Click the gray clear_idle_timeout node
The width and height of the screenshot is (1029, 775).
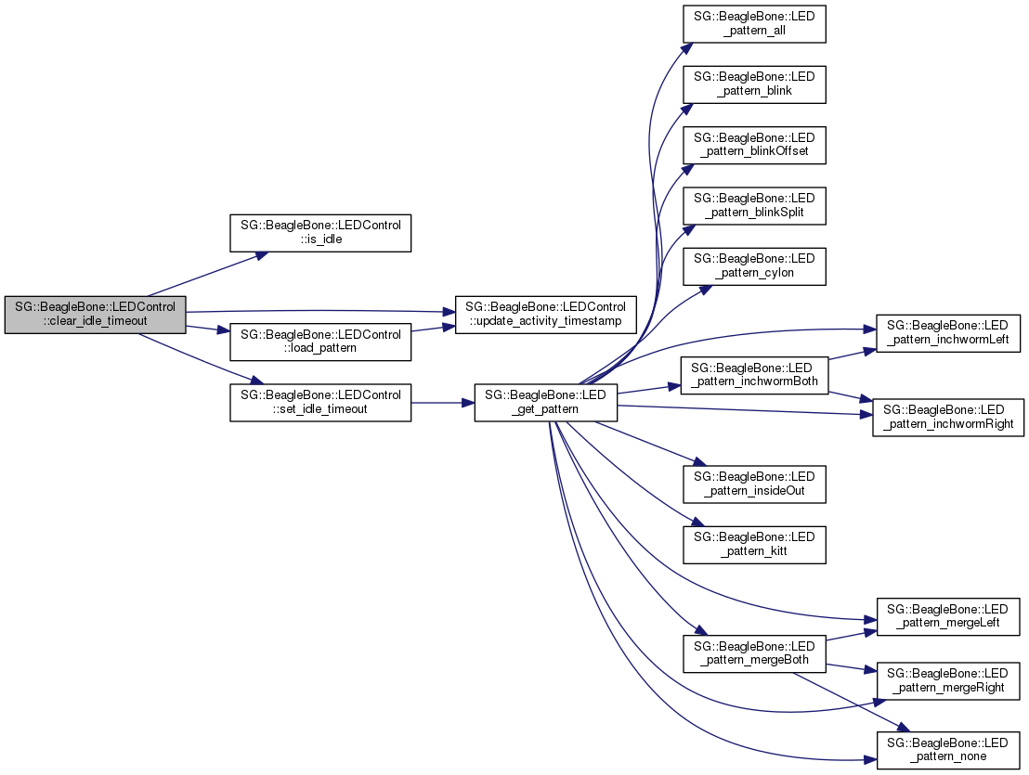[x=95, y=315]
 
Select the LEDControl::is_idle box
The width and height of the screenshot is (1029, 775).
[x=320, y=233]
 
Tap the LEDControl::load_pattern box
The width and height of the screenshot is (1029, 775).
[x=320, y=342]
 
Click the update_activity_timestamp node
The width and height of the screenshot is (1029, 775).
[x=545, y=315]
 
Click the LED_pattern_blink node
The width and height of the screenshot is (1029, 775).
[x=754, y=84]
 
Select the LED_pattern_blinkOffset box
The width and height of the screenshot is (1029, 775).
[x=754, y=144]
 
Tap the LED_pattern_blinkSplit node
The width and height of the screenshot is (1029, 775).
[x=754, y=205]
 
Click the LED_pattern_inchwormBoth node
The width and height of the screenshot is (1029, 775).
[x=754, y=376]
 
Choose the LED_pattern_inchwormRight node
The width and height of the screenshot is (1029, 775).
[x=948, y=418]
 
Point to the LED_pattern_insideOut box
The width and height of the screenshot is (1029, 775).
[x=754, y=483]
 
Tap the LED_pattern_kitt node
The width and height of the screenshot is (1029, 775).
[x=754, y=544]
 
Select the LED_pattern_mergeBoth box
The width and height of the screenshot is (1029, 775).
[x=754, y=653]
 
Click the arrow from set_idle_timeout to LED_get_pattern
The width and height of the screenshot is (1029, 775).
[x=442, y=403]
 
